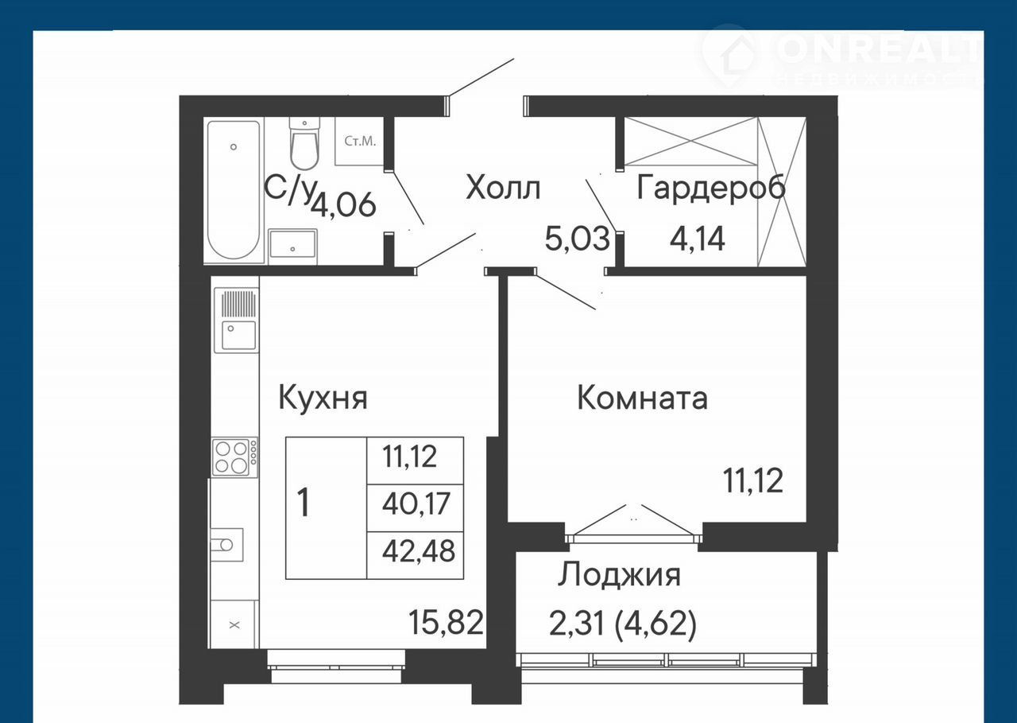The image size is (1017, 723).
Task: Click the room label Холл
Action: pyautogui.click(x=503, y=189)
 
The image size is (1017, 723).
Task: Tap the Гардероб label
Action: pyautogui.click(x=711, y=189)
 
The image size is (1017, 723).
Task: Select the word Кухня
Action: pyautogui.click(x=323, y=398)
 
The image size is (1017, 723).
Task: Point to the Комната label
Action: pyautogui.click(x=642, y=398)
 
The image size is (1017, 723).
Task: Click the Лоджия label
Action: pyautogui.click(x=619, y=576)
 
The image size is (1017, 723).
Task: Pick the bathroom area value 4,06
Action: pyautogui.click(x=344, y=205)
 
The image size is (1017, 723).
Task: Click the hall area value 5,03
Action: pyautogui.click(x=577, y=239)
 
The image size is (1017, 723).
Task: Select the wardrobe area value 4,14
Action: pyautogui.click(x=698, y=239)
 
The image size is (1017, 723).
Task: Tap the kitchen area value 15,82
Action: pyautogui.click(x=446, y=622)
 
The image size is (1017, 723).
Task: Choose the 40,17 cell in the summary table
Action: pyautogui.click(x=416, y=503)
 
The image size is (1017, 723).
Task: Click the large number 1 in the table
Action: pyautogui.click(x=304, y=503)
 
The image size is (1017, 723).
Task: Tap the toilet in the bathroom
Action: pyautogui.click(x=304, y=143)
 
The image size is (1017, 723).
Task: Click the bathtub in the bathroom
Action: pyautogui.click(x=234, y=191)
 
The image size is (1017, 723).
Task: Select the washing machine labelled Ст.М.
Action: pyautogui.click(x=360, y=142)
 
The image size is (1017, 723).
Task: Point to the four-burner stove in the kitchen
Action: pyautogui.click(x=235, y=457)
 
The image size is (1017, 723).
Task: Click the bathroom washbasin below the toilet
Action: pyautogui.click(x=292, y=246)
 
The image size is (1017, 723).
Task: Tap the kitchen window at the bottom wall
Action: pyautogui.click(x=336, y=667)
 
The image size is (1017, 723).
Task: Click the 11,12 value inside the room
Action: pyautogui.click(x=753, y=480)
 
